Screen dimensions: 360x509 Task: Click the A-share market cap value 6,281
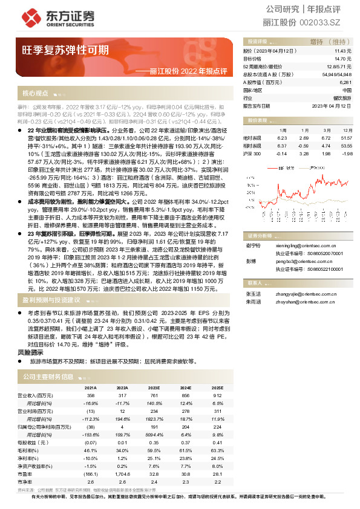[x=345, y=82]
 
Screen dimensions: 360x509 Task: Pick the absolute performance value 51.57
[x=346, y=138]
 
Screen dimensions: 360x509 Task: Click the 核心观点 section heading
[x=35, y=94]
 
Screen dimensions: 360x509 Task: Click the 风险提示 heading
[x=30, y=352]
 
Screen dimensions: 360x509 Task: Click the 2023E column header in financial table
[x=154, y=387]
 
